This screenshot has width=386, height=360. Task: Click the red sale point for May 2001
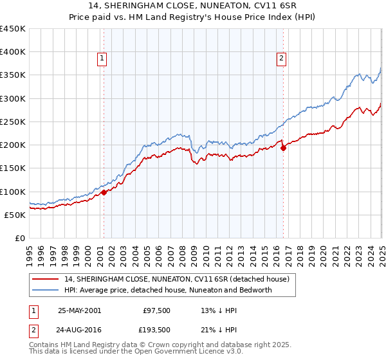[104, 192]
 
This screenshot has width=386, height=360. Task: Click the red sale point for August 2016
[283, 148]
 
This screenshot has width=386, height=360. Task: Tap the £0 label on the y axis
[19, 238]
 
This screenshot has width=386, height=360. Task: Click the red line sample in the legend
[46, 279]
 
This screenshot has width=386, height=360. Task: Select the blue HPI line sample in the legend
[46, 290]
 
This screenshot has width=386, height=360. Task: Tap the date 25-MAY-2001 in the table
[79, 310]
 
